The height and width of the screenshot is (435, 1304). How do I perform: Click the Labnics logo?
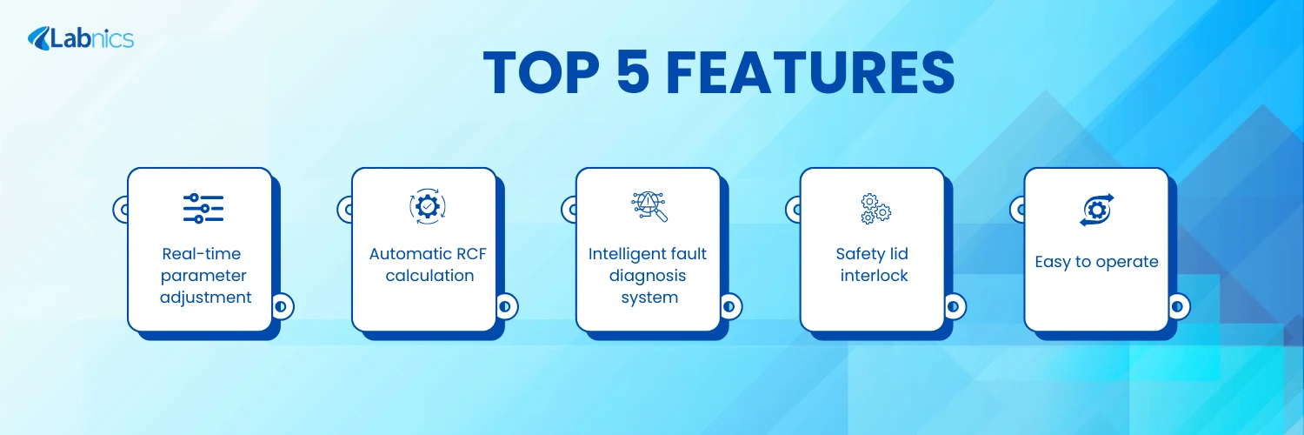coord(80,38)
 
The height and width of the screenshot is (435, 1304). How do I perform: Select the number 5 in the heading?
coord(633,73)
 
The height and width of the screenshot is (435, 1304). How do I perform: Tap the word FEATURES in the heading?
coord(809,73)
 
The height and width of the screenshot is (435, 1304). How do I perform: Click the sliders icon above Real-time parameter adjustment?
coord(203,209)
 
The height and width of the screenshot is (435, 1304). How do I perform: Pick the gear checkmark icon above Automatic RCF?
coord(428,206)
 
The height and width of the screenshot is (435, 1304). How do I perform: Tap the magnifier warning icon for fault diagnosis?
coord(649,207)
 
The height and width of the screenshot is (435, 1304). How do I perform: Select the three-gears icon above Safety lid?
coord(875,209)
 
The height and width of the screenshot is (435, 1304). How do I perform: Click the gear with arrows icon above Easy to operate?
coord(1097,210)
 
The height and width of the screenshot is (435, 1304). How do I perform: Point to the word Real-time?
coord(202,254)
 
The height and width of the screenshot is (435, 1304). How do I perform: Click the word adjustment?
coord(205,298)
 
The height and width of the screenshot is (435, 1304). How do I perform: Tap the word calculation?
coord(429,276)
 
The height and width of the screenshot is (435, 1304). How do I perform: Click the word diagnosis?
coord(648,276)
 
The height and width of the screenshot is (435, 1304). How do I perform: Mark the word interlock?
coord(874,276)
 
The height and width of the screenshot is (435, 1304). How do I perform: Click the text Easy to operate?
coord(1097,263)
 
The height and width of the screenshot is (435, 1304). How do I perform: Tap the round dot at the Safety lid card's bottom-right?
coord(953,306)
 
